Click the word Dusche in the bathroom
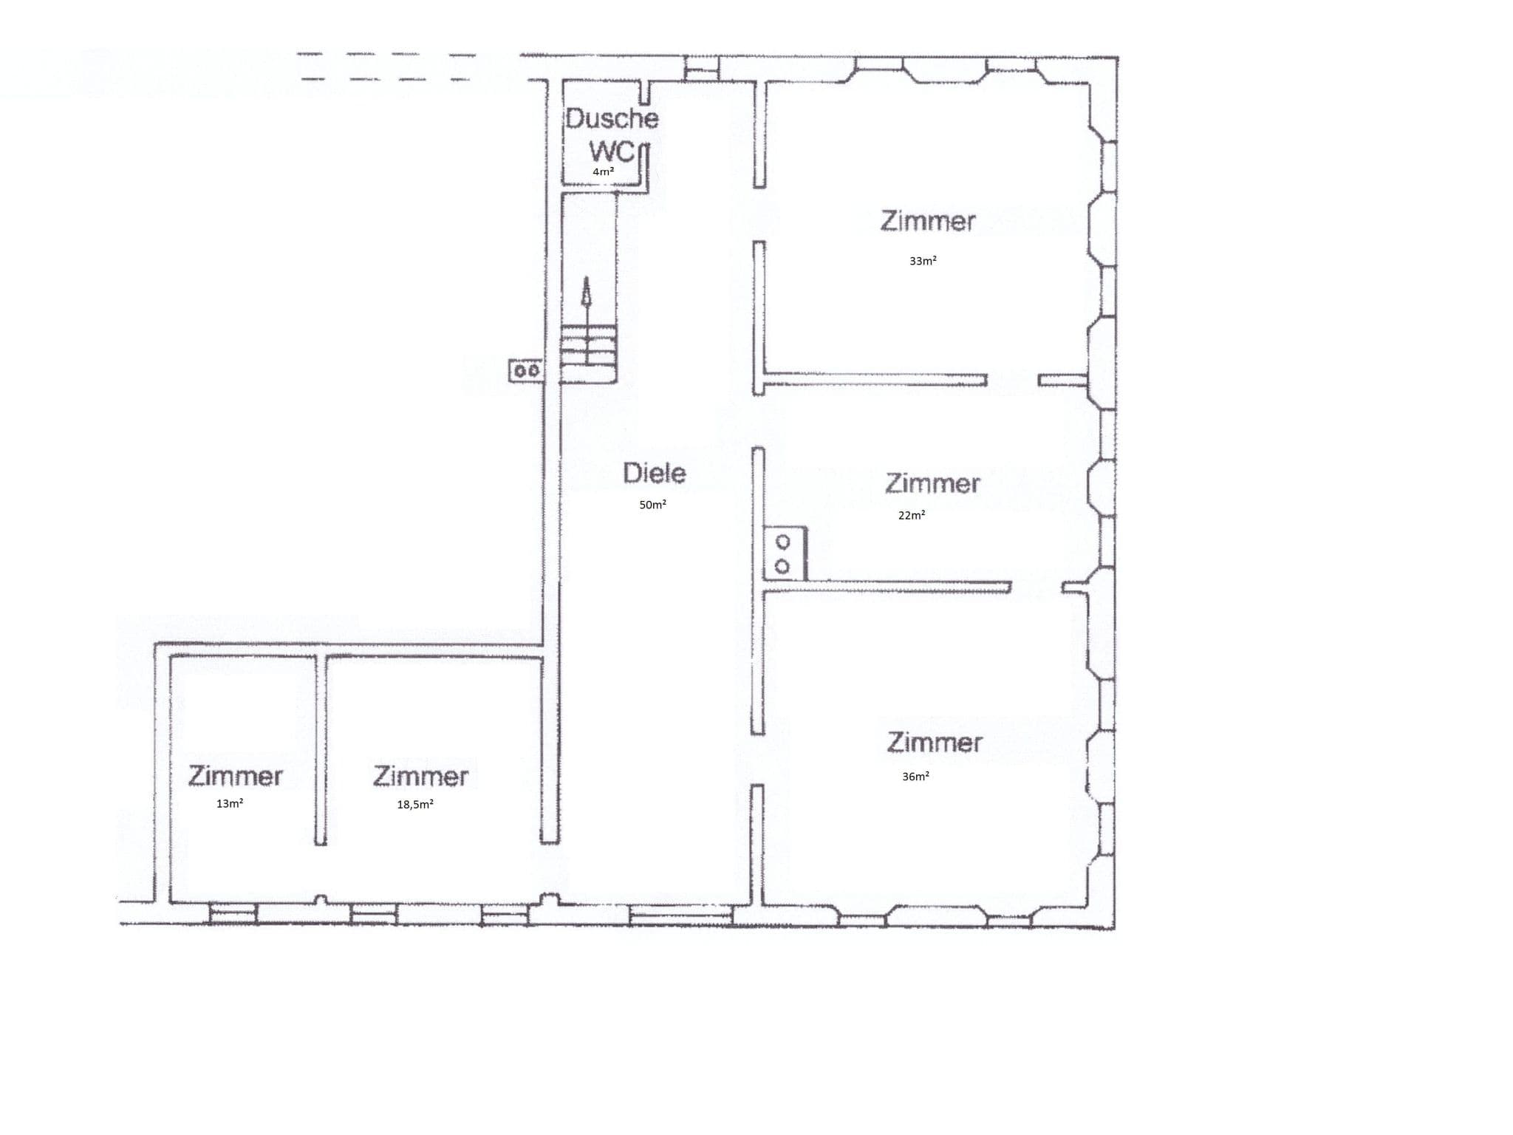click(x=612, y=119)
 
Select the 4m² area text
click(x=603, y=171)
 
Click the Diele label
click(x=654, y=473)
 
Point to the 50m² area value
click(x=652, y=505)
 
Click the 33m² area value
click(x=923, y=261)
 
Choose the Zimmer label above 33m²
click(x=928, y=221)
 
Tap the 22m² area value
click(x=912, y=515)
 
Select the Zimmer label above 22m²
click(x=932, y=483)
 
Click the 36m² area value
click(x=915, y=776)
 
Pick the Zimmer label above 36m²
click(x=935, y=742)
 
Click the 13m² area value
click(x=230, y=803)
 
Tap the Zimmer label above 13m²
click(x=235, y=776)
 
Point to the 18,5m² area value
click(x=415, y=804)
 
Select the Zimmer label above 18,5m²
click(x=420, y=776)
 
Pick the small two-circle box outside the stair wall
click(x=526, y=370)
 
